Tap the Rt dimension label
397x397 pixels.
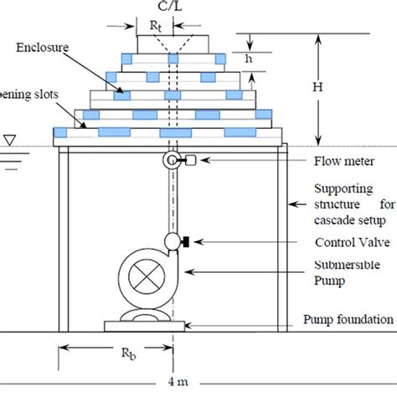pyautogui.click(x=157, y=27)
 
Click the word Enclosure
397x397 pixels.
pyautogui.click(x=43, y=48)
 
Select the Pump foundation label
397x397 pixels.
pyautogui.click(x=348, y=320)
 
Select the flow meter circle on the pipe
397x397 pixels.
pyautogui.click(x=173, y=160)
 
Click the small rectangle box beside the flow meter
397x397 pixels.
pyautogui.click(x=189, y=160)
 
